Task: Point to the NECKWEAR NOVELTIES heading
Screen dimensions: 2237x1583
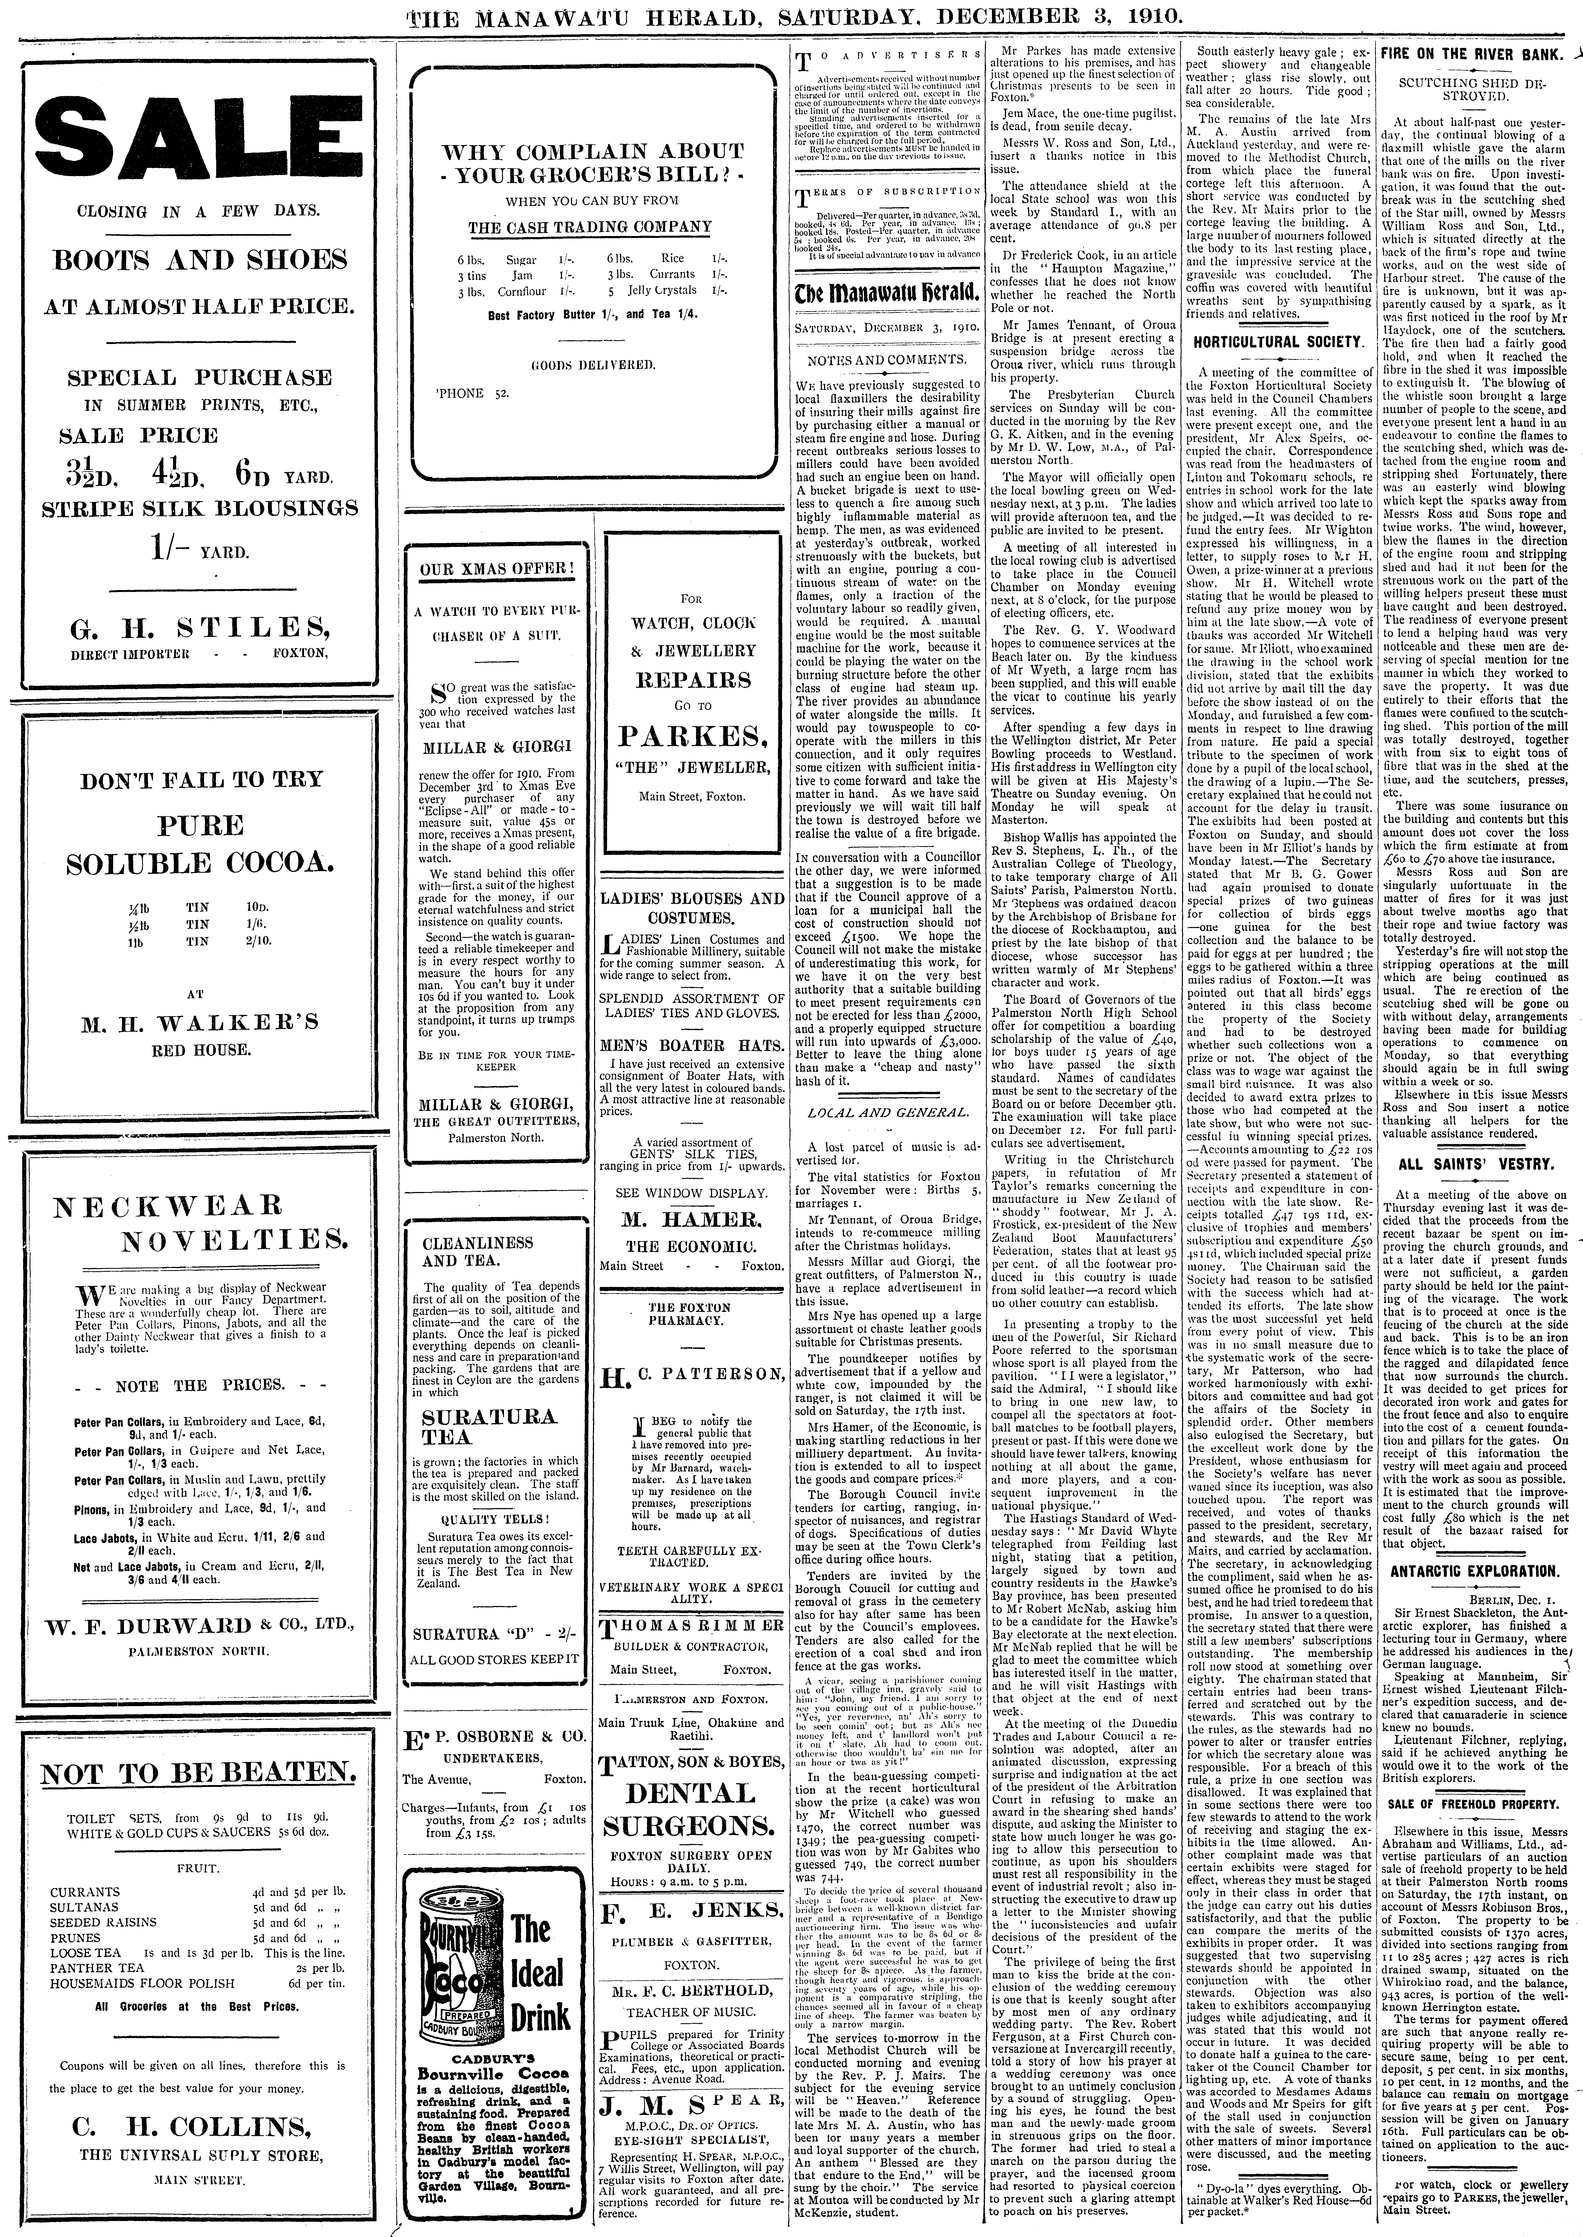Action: [200, 1223]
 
